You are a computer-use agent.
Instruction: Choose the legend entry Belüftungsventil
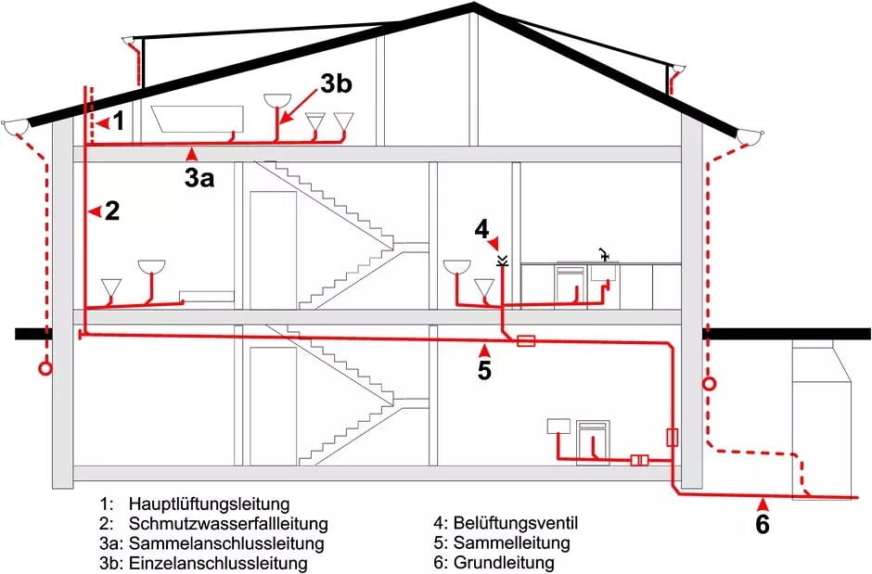(522, 524)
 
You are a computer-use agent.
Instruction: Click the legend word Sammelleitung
(512, 543)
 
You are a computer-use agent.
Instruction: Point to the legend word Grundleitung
(504, 563)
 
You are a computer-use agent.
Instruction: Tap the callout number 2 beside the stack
(112, 211)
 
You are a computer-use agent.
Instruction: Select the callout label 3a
(199, 178)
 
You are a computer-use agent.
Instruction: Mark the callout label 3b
(336, 83)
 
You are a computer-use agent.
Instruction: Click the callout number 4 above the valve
(481, 227)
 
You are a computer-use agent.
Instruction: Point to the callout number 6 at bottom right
(763, 525)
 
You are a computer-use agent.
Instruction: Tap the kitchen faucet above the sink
(604, 252)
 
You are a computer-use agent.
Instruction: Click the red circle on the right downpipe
(710, 383)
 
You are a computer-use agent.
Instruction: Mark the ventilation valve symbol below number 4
(502, 261)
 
